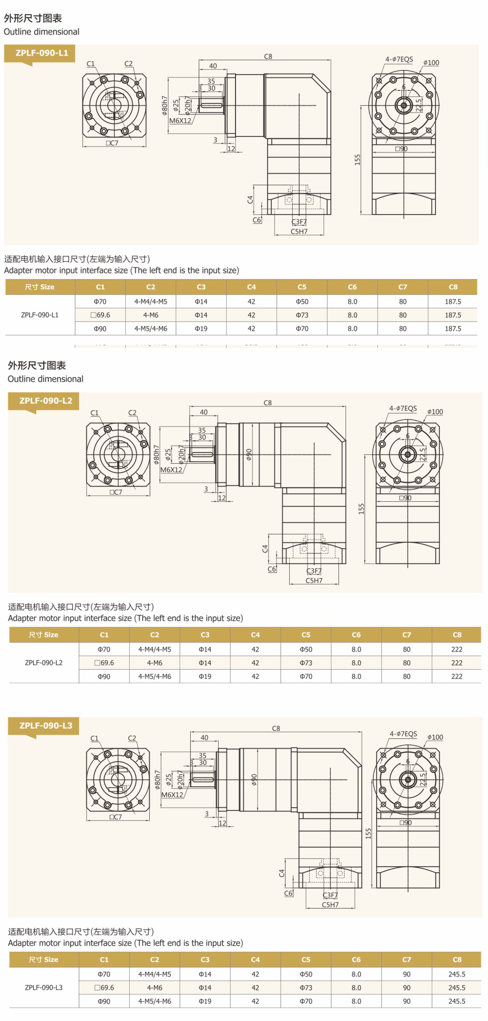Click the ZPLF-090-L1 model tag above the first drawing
42,53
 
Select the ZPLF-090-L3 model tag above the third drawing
46,725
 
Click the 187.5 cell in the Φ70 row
453,302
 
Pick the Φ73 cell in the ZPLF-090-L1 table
302,315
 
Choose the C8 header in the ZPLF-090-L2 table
457,634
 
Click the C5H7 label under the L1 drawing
299,231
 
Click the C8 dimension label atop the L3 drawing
276,728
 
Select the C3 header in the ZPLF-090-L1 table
201,287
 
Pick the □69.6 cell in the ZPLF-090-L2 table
104,663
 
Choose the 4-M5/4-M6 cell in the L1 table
151,329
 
